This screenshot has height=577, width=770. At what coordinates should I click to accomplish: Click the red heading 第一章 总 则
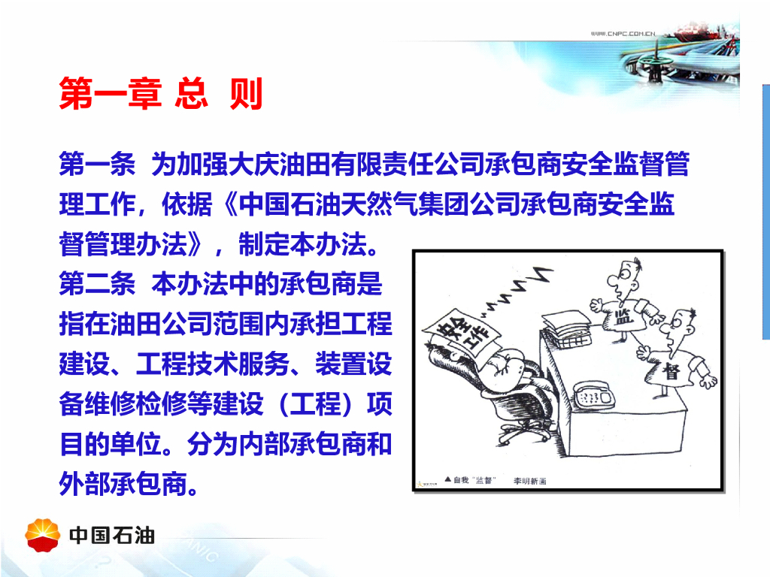[x=161, y=93]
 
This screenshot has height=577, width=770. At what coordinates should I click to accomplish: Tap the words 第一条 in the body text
[x=97, y=164]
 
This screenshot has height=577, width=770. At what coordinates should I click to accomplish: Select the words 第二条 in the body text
[x=97, y=283]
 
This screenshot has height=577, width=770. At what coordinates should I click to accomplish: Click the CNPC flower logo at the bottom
[x=43, y=535]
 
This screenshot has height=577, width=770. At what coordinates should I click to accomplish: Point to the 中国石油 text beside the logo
[x=112, y=535]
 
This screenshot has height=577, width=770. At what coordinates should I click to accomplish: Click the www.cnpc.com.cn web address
[x=623, y=33]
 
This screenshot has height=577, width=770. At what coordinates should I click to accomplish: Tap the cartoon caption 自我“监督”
[x=474, y=480]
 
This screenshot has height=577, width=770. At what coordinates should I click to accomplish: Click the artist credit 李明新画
[x=530, y=481]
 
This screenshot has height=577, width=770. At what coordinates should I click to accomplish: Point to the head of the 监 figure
[x=623, y=278]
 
